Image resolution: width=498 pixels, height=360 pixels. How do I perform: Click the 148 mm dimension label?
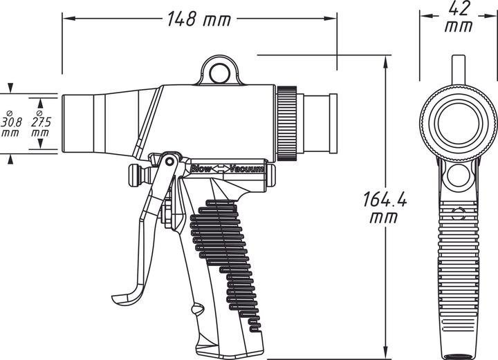coord(199,19)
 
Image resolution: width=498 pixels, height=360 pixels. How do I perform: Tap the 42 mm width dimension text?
coord(459,17)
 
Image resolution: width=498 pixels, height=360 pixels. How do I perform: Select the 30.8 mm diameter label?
coord(11,122)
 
